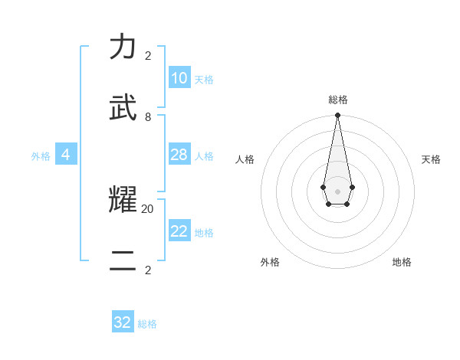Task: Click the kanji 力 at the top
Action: (x=123, y=47)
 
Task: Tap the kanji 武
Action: (x=123, y=109)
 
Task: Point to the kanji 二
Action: (x=123, y=261)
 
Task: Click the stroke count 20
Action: (x=147, y=208)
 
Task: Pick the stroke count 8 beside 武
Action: (x=148, y=117)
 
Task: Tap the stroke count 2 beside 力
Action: (x=148, y=56)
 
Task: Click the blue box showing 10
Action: (x=179, y=78)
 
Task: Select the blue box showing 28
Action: (x=179, y=155)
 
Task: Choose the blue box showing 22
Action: (x=179, y=231)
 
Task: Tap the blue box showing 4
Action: (x=66, y=155)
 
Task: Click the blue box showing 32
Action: (x=123, y=322)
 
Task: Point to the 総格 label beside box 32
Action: (x=147, y=324)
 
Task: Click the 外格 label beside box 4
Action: (x=41, y=156)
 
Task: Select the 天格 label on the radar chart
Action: (x=432, y=159)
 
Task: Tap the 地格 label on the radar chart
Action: (x=402, y=262)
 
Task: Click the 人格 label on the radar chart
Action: (x=245, y=159)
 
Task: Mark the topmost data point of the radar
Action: (x=337, y=116)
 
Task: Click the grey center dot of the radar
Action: (x=337, y=191)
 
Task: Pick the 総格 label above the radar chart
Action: (x=338, y=100)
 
